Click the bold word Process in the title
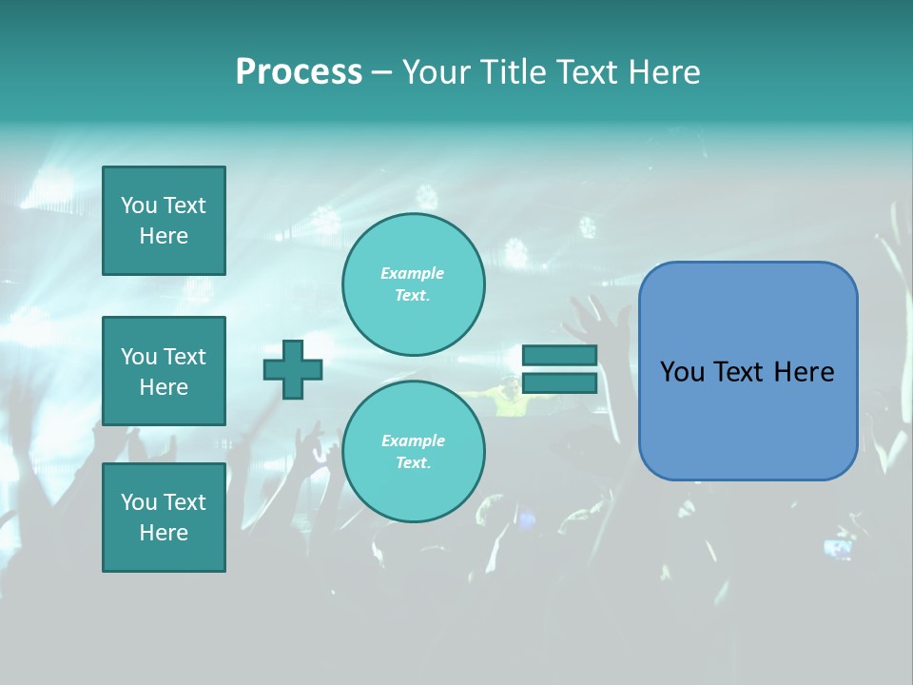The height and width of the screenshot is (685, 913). (x=299, y=71)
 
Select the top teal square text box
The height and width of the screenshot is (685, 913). (x=164, y=221)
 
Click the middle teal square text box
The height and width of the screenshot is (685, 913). (x=164, y=371)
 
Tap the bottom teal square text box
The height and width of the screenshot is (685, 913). (x=164, y=518)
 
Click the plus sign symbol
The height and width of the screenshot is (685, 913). (x=293, y=369)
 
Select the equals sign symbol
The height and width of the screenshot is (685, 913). (x=559, y=369)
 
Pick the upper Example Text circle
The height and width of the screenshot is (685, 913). (x=414, y=284)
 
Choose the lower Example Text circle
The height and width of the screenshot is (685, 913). (x=414, y=451)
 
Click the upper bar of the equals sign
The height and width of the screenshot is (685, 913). (x=559, y=355)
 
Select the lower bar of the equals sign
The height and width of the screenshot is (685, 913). (x=559, y=382)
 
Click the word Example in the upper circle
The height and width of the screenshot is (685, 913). (x=413, y=273)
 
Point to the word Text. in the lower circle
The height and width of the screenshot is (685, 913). (x=413, y=462)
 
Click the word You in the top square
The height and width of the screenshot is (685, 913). (x=139, y=205)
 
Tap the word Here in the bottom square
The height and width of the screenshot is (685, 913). (x=164, y=533)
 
